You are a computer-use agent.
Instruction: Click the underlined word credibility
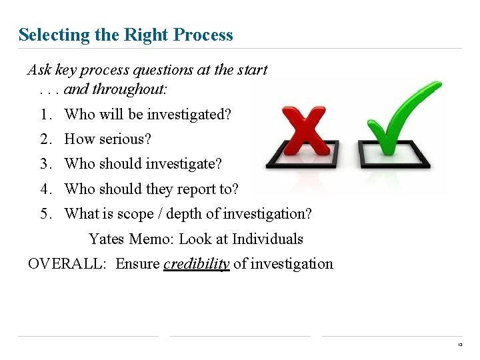click(x=197, y=264)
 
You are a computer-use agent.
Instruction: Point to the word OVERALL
click(x=67, y=264)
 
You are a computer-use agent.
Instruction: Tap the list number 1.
click(x=45, y=115)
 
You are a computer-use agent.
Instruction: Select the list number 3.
click(x=45, y=164)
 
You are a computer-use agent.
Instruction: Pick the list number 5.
click(x=45, y=214)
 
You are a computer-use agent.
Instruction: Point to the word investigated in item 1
click(x=189, y=115)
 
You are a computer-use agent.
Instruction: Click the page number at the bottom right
click(x=460, y=345)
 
